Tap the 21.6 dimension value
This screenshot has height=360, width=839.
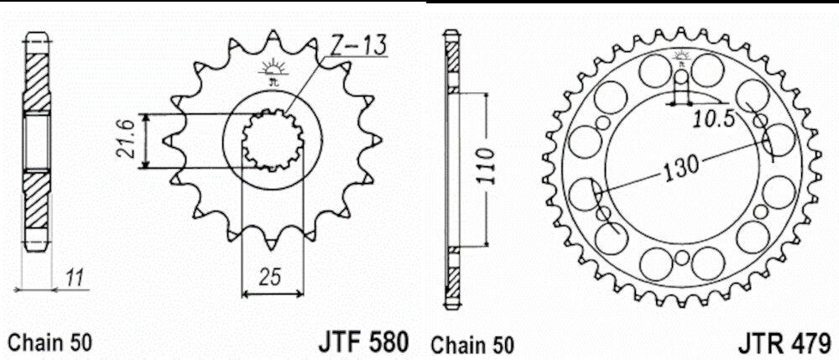point(127,141)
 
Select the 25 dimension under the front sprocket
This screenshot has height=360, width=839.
point(273,277)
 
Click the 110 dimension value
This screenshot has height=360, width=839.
point(488,166)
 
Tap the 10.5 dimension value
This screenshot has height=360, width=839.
point(711,120)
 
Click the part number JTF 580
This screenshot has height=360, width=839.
point(364,342)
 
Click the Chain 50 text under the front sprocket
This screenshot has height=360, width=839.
point(50,342)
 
